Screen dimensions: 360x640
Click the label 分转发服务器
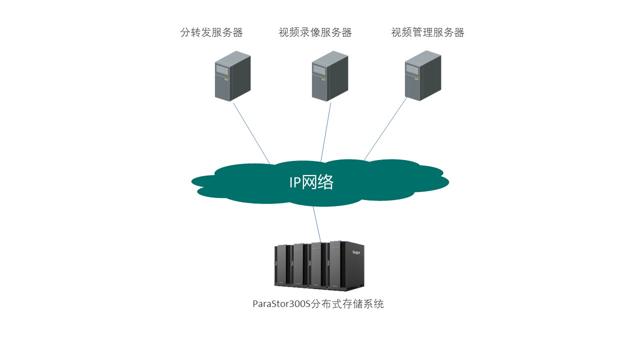pos(211,33)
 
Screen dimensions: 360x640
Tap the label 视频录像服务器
pos(315,33)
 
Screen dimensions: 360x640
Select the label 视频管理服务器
pos(427,33)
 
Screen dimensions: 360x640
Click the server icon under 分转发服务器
pos(232,76)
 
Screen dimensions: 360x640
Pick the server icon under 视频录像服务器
pos(329,76)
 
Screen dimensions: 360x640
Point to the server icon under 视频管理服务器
pos(423,75)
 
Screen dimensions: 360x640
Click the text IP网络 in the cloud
pos(311,182)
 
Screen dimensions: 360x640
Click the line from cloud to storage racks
pos(317,224)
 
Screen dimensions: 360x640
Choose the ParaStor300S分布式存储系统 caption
pos(318,304)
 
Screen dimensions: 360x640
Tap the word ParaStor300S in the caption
pos(281,304)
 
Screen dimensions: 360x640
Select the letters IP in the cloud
pos(295,182)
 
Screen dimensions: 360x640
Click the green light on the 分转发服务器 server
pos(226,79)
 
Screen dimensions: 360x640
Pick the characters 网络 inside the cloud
pos(318,182)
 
